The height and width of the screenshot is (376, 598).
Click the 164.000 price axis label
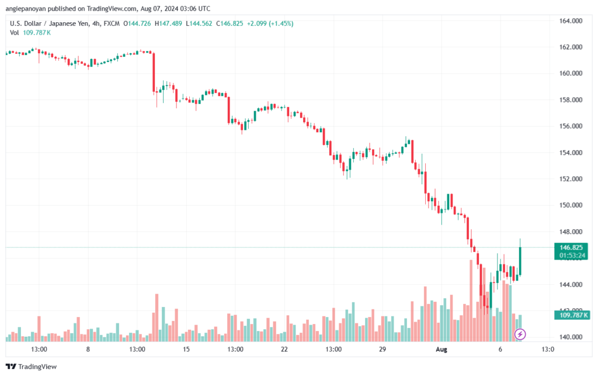click(x=571, y=21)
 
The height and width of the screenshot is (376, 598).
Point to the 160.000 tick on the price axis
click(x=571, y=73)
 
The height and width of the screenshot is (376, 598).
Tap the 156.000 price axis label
click(x=571, y=126)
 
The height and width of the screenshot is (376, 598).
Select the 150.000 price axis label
click(x=571, y=205)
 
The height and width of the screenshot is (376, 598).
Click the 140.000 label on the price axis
click(x=571, y=337)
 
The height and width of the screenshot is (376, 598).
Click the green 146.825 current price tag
click(x=571, y=248)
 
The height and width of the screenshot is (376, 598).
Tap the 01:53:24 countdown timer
click(x=572, y=256)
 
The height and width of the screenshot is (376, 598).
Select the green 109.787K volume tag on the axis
click(x=572, y=315)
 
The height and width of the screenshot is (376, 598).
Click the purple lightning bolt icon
click(x=520, y=334)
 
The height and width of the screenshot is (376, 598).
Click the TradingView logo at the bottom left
click(x=32, y=367)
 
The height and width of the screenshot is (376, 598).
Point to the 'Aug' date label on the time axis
click(x=441, y=349)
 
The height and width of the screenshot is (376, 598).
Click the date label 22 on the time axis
click(x=284, y=349)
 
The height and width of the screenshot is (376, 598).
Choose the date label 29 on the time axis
click(x=383, y=349)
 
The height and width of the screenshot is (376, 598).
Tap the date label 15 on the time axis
click(x=186, y=349)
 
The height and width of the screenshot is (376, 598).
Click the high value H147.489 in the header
click(x=168, y=23)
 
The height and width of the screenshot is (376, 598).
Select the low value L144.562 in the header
click(x=199, y=23)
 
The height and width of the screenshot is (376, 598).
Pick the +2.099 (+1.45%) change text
click(x=270, y=23)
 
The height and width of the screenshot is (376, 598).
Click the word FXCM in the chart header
click(x=112, y=23)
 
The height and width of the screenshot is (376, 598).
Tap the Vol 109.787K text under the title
click(x=30, y=33)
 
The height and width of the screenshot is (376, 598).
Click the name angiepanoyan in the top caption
click(x=26, y=9)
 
